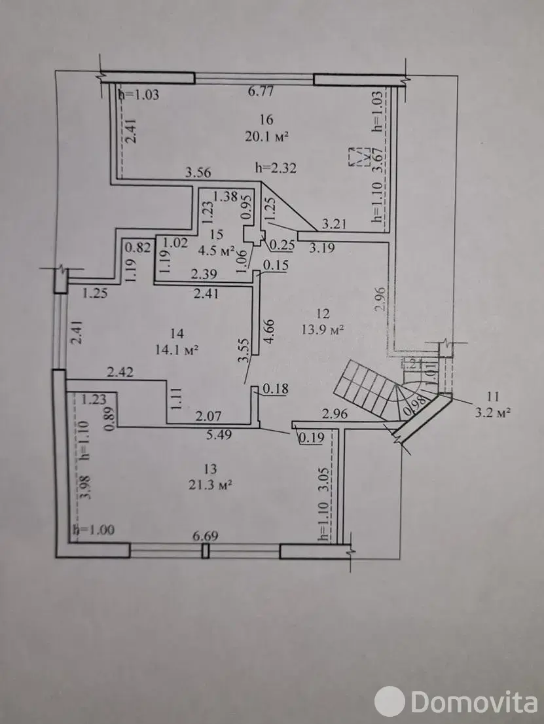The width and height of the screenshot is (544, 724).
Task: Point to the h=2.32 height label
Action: click(276, 168)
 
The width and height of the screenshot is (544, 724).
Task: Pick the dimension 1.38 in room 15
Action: click(225, 196)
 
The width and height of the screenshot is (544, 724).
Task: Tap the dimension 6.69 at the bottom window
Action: click(204, 536)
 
